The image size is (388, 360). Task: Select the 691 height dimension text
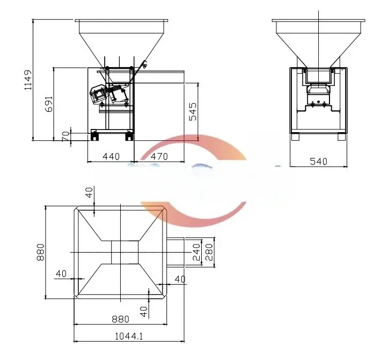point(48,103)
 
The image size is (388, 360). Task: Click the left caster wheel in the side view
point(94,135)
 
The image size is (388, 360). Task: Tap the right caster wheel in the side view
point(129,135)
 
